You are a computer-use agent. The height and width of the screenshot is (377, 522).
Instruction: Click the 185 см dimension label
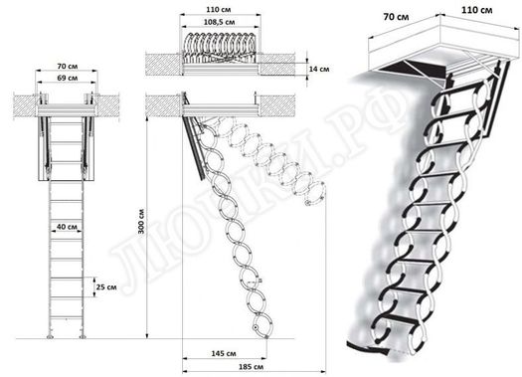coord(224,369)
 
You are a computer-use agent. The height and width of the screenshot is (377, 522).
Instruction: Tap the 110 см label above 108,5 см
coord(221,7)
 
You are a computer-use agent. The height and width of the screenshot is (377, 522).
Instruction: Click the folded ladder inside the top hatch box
coord(221,47)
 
